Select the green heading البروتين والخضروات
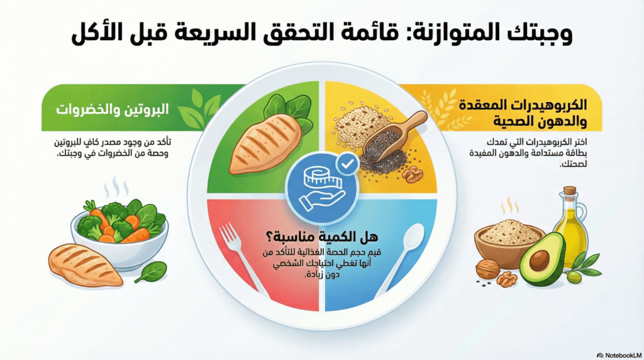112,110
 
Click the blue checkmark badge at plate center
347,164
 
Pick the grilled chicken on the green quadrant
265,144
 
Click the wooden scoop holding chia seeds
394,136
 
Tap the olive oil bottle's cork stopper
570,192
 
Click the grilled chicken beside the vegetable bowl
86,265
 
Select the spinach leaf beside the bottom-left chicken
151,272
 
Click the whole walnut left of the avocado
487,269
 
